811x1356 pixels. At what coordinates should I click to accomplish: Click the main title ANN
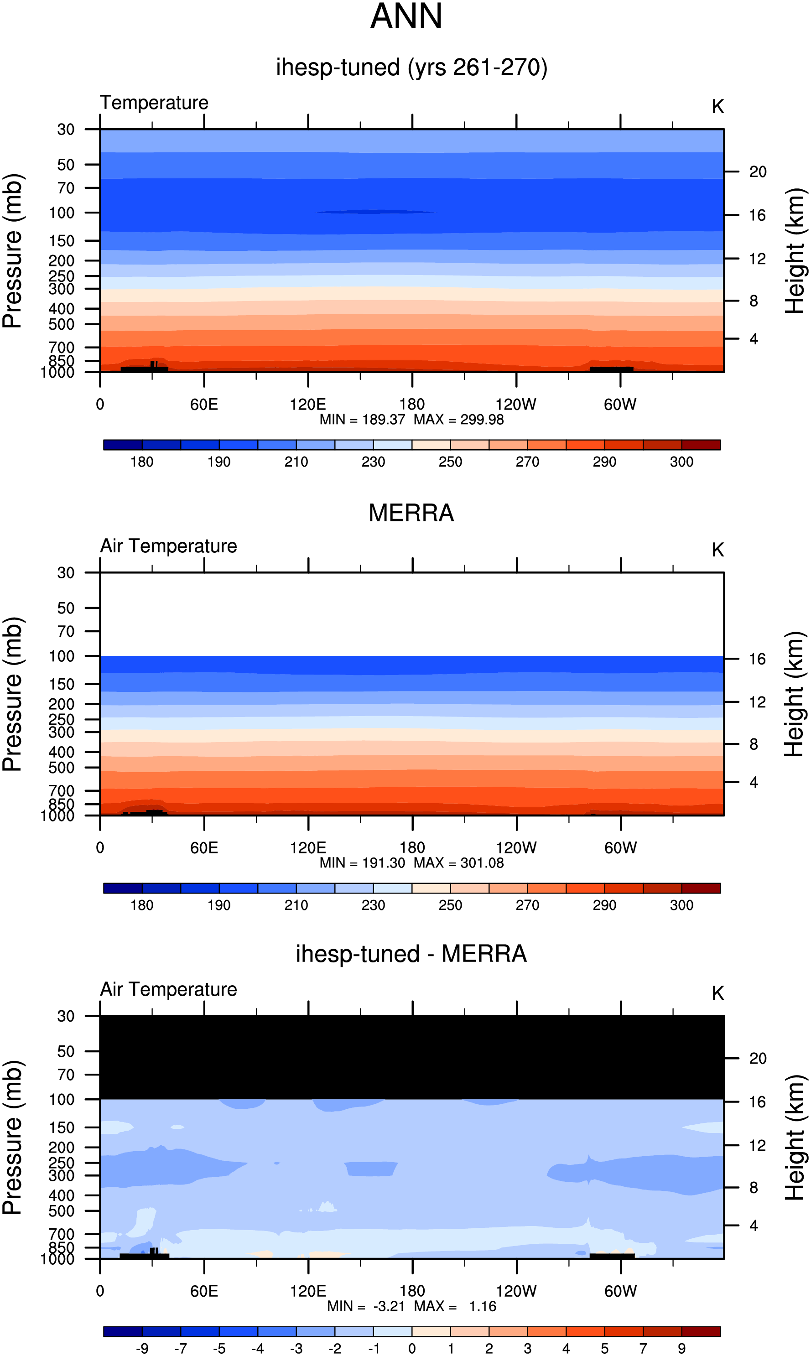click(406, 16)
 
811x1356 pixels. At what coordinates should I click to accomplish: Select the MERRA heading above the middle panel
click(411, 513)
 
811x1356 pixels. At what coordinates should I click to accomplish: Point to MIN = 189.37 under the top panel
click(362, 420)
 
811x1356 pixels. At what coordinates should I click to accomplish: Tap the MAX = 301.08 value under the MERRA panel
click(458, 863)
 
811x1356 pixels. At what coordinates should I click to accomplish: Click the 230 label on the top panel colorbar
click(373, 462)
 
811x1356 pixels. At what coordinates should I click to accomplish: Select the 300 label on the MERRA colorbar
click(681, 905)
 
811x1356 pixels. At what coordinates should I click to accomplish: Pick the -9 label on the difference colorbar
click(142, 1348)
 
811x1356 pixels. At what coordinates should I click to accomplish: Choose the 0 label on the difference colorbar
click(412, 1348)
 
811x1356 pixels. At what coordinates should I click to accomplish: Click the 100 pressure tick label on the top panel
click(61, 213)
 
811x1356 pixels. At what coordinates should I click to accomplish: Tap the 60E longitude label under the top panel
click(204, 405)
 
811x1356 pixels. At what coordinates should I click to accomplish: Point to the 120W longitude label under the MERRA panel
click(516, 848)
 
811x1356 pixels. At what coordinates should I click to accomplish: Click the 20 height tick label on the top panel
click(758, 171)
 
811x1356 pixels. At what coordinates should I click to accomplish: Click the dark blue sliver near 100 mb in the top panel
click(375, 212)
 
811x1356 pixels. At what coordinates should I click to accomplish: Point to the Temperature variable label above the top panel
click(154, 103)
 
